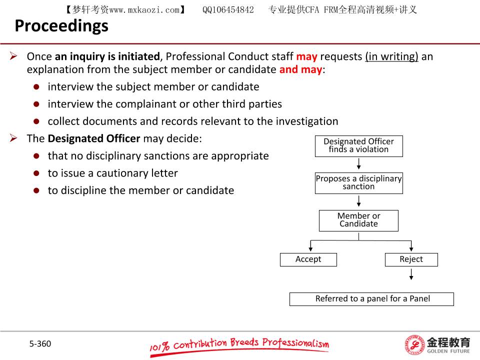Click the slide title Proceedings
tap(61, 26)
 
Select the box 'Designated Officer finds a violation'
tap(358, 145)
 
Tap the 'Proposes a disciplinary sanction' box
tap(358, 182)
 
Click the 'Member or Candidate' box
tap(358, 220)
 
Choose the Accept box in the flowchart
tap(308, 259)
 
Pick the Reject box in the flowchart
tap(411, 259)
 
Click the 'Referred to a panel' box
tap(371, 299)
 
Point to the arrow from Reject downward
tap(411, 274)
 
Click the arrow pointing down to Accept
tap(311, 246)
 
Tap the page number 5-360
tap(40, 343)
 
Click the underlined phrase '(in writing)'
tap(391, 56)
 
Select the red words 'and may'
tap(300, 69)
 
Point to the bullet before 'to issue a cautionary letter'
tap(36, 173)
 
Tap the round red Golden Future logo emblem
tap(414, 345)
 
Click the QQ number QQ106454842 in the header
tap(228, 9)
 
